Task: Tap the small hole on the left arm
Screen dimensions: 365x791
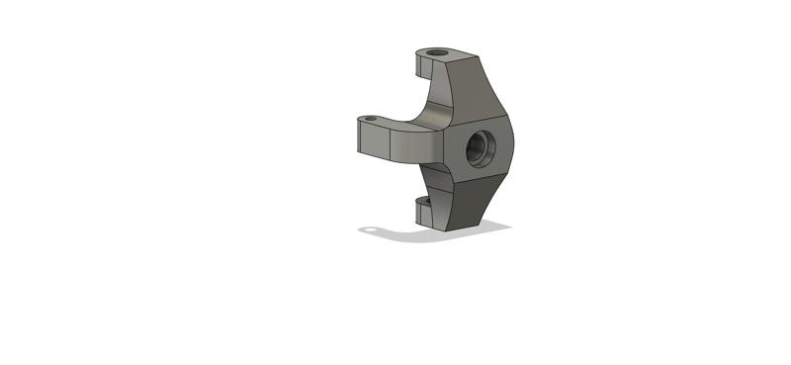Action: coord(372,119)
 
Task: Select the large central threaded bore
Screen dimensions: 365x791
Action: coord(481,146)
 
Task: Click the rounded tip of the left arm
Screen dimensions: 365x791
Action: coord(357,138)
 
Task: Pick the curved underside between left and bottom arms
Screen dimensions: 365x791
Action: coord(435,178)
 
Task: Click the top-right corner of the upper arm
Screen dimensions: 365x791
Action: coord(480,56)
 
